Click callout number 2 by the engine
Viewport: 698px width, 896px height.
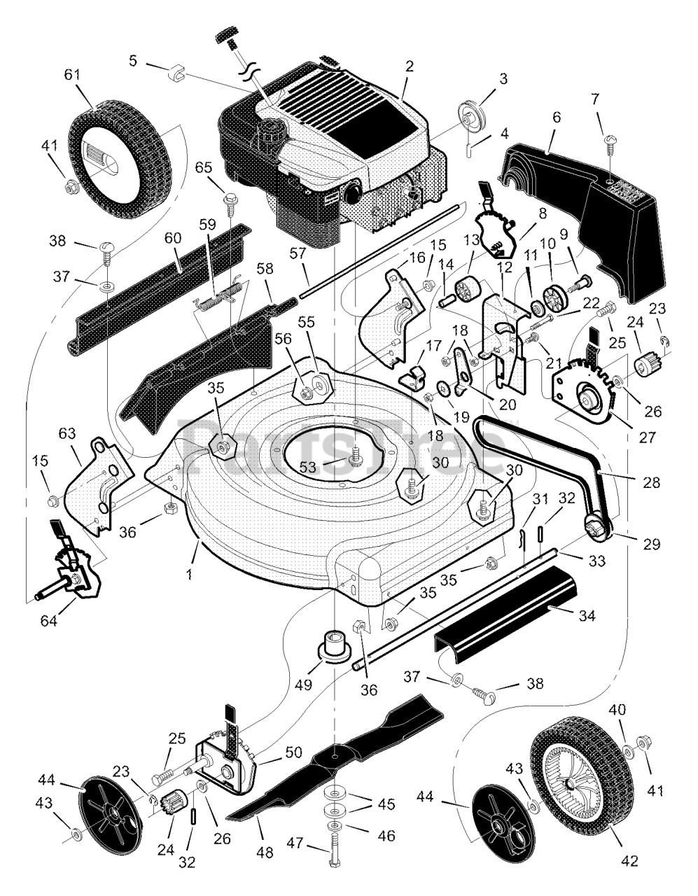(409, 66)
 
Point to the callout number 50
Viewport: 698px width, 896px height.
(292, 752)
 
